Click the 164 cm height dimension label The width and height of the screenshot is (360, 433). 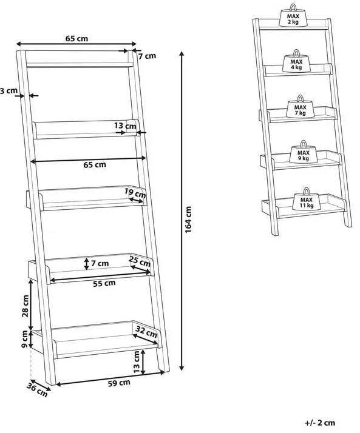coord(188,220)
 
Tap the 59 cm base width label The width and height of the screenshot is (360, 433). coord(119,383)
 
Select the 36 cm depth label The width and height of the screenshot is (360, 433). coord(37,390)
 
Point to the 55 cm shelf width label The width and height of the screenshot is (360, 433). coord(104,283)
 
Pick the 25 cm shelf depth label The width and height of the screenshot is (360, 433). coord(140,261)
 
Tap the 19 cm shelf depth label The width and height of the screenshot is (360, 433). coord(135,192)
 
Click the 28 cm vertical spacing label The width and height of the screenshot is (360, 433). coord(25,306)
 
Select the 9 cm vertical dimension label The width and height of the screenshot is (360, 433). coord(25,339)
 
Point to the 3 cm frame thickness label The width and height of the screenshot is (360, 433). coord(8,90)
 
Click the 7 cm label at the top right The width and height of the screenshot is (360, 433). coord(147,56)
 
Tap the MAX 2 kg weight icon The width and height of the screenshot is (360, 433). coord(293,16)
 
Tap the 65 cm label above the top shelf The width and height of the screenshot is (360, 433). coord(76,38)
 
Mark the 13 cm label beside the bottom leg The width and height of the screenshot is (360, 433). coord(137,361)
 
